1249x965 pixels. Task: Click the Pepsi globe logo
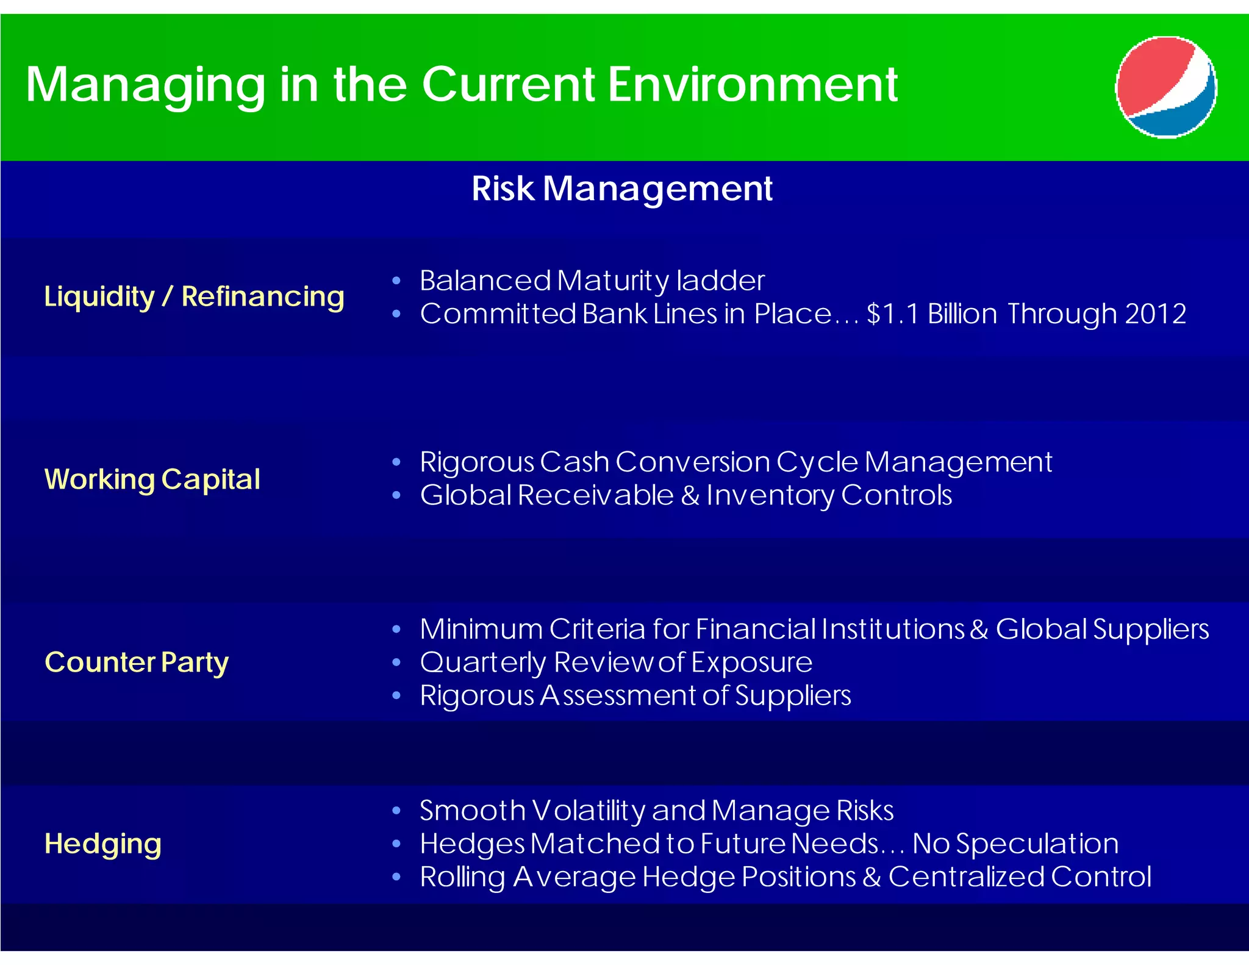[1165, 87]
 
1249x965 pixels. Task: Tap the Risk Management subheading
[621, 188]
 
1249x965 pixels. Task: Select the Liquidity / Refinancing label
[194, 297]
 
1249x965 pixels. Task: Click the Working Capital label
[152, 479]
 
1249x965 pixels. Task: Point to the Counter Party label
[137, 662]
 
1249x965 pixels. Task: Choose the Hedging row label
[103, 844]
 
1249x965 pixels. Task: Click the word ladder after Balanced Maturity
[720, 281]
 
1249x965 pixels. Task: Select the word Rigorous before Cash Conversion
[477, 462]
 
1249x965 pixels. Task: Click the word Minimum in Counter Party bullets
[481, 630]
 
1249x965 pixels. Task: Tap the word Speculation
[1037, 844]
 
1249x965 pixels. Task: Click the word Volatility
[589, 811]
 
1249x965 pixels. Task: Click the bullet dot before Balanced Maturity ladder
[397, 281]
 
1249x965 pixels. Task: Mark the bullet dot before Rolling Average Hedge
[397, 877]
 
